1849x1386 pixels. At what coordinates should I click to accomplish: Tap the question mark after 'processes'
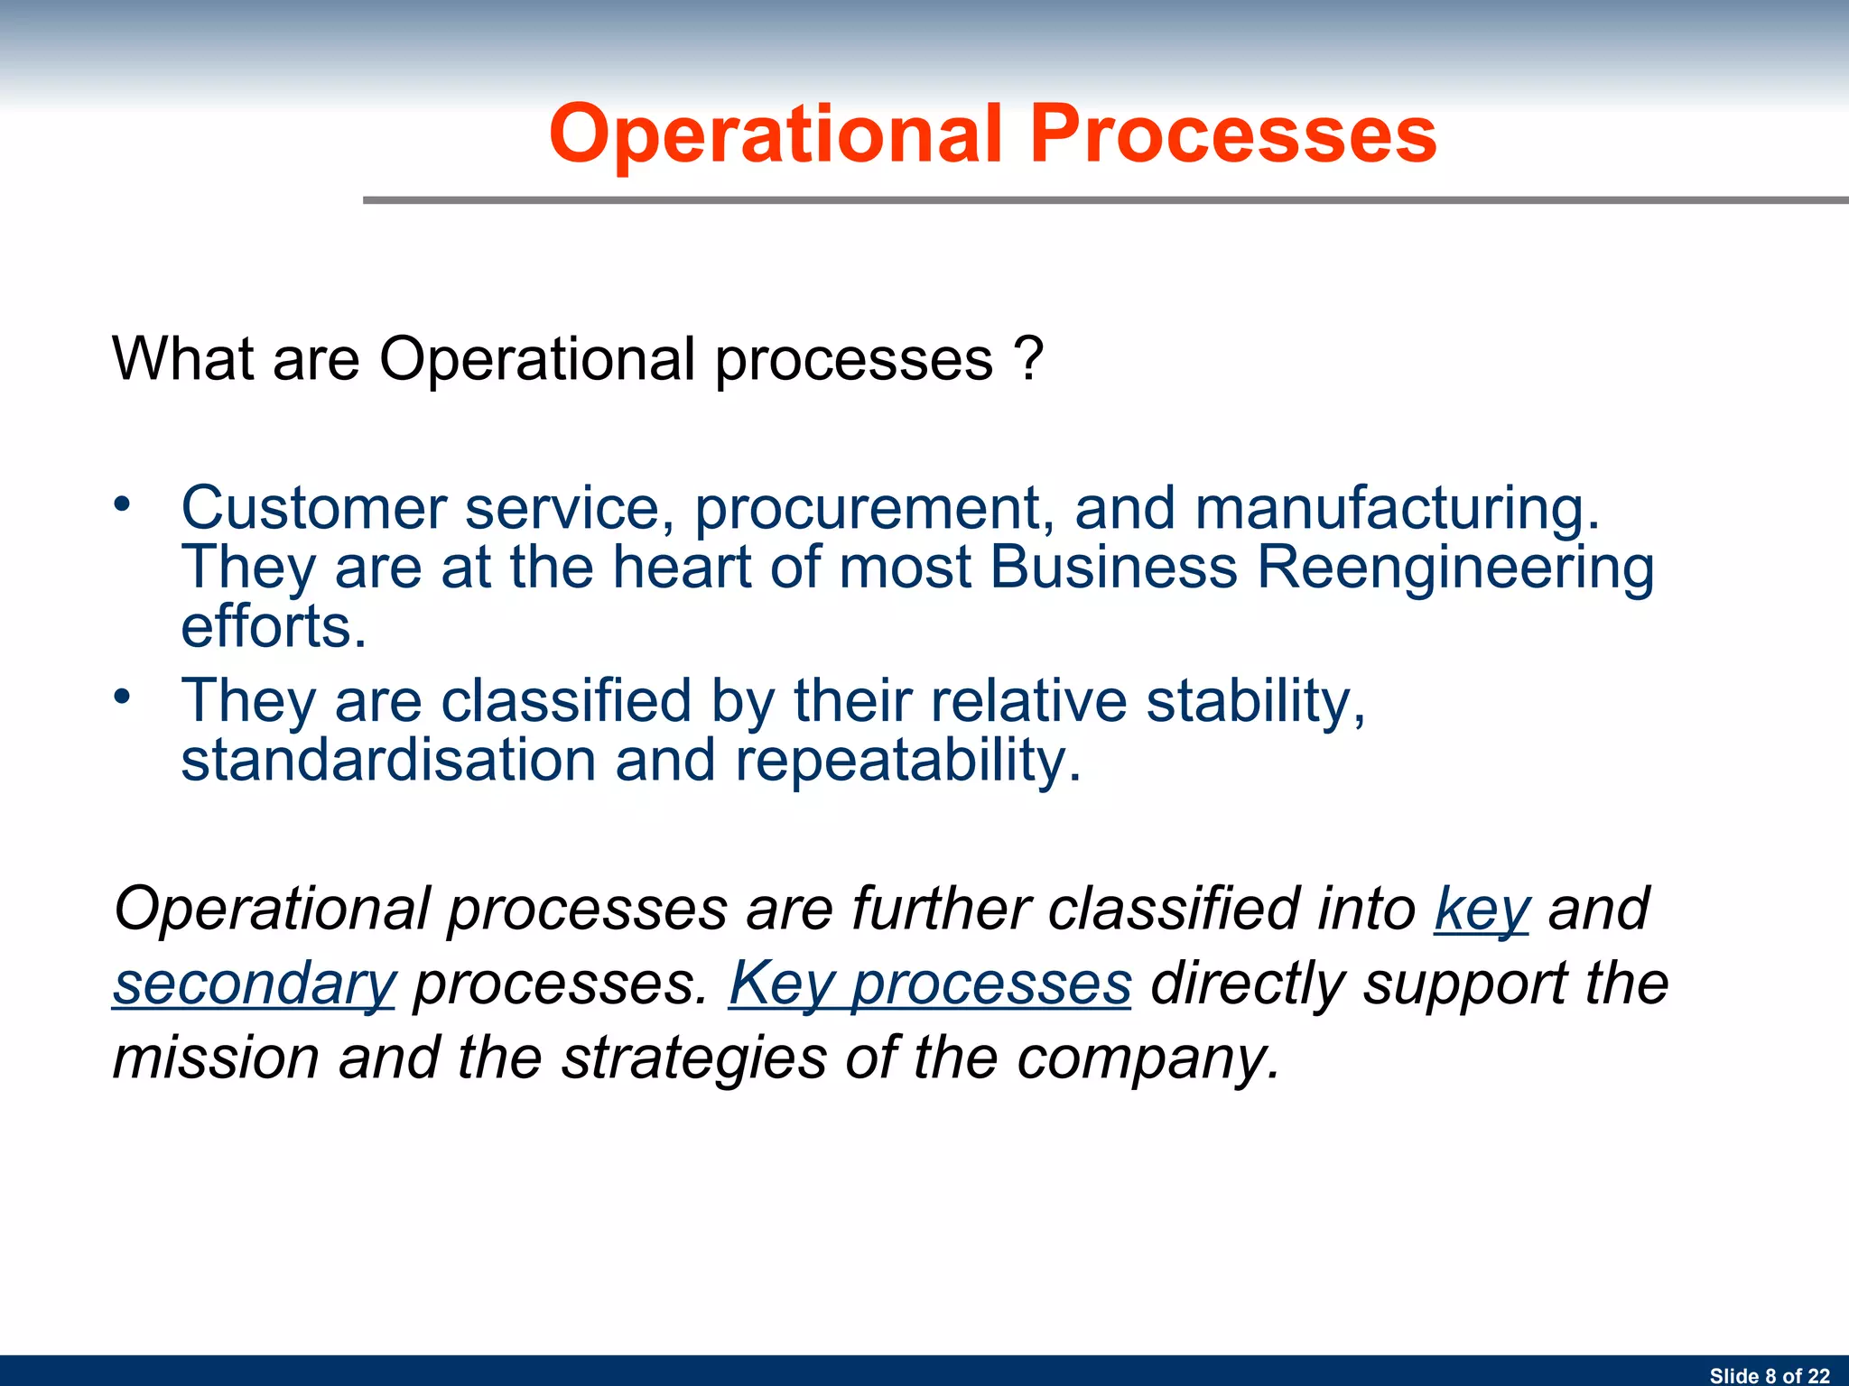point(1028,359)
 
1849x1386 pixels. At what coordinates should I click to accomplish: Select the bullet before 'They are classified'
point(123,697)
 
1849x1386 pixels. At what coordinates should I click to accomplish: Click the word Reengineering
point(1455,568)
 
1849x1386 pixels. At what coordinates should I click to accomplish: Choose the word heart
point(682,568)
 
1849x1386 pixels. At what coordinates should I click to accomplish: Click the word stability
point(1255,702)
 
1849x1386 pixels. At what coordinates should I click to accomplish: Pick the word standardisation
point(388,761)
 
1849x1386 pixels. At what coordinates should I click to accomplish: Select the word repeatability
point(907,762)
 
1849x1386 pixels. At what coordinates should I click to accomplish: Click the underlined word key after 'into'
point(1482,910)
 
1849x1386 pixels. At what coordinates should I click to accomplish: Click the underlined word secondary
point(254,984)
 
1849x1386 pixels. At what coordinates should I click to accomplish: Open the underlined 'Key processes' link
point(930,984)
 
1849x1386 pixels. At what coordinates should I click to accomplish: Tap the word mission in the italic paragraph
point(216,1058)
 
